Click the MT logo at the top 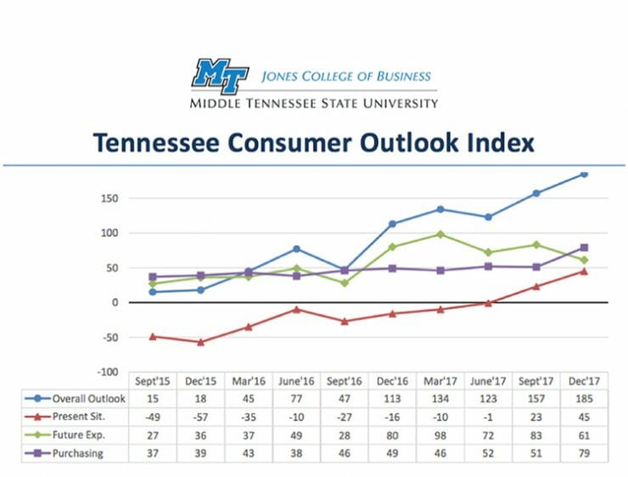point(220,75)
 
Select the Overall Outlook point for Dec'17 point(584,174)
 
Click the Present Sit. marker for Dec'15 point(200,342)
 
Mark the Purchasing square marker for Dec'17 point(584,248)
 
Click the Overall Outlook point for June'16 point(296,249)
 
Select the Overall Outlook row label point(88,399)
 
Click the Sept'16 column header point(344,381)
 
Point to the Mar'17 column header point(440,381)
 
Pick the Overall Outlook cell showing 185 point(583,399)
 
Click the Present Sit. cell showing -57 point(200,417)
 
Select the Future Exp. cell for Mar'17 point(440,435)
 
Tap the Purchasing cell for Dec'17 point(583,453)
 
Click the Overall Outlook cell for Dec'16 point(392,399)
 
